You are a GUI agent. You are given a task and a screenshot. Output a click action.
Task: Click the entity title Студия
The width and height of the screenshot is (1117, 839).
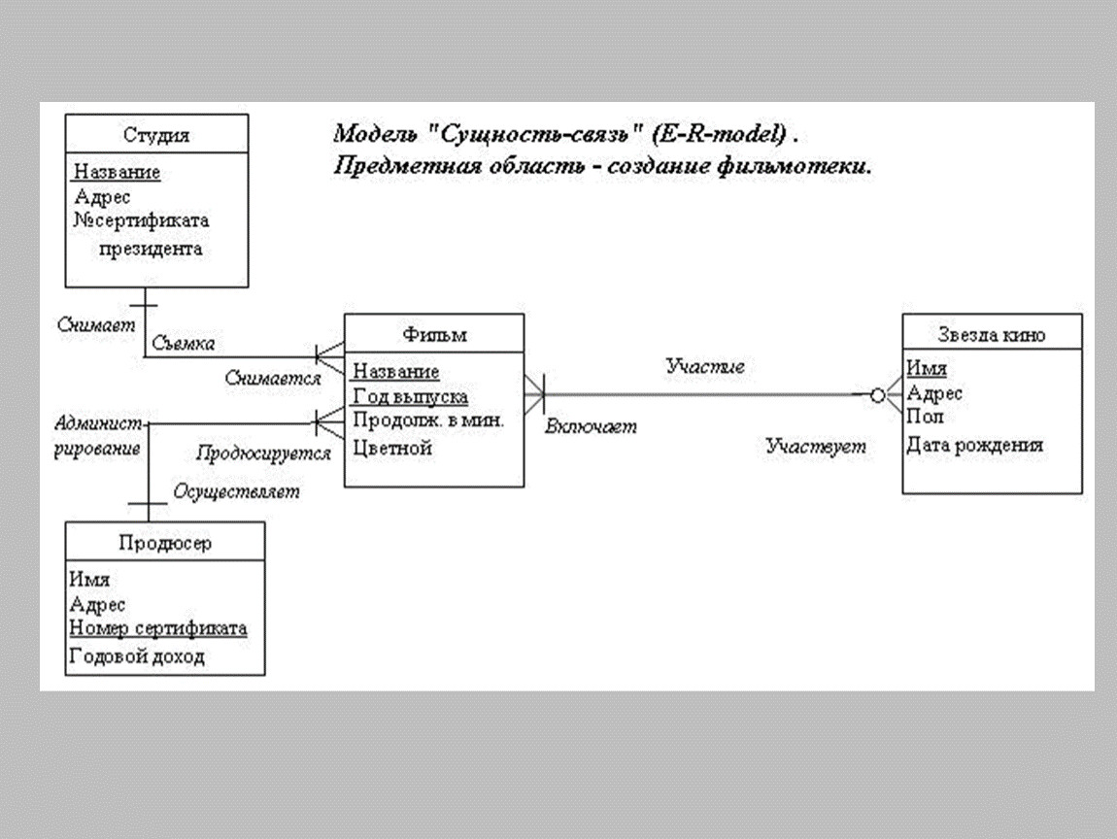156,135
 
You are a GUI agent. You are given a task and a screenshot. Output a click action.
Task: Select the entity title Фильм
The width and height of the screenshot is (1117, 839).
434,335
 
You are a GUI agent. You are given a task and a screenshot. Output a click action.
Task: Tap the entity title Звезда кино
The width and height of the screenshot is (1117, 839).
992,335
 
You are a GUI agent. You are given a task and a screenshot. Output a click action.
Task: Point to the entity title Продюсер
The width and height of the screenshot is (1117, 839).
165,543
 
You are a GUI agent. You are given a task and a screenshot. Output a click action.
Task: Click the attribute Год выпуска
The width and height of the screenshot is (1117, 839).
410,396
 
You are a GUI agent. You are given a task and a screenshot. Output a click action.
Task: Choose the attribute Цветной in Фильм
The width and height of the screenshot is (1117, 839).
391,448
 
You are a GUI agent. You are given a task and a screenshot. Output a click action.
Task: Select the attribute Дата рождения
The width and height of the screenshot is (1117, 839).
975,445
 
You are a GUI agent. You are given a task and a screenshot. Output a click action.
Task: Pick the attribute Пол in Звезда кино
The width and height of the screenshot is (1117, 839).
924,417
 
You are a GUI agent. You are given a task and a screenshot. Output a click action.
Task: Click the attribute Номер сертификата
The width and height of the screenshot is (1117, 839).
157,628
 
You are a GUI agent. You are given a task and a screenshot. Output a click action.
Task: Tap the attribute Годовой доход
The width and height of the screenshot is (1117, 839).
137,656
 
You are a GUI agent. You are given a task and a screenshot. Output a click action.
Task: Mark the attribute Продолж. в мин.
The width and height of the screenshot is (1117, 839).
428,420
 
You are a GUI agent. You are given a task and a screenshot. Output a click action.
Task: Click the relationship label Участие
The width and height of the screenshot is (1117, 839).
705,366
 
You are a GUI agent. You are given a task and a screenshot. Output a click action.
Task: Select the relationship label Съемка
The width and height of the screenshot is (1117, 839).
183,343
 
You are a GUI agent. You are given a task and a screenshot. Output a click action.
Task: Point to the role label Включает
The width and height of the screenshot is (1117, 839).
591,426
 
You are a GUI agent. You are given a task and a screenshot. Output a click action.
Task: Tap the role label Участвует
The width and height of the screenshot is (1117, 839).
816,448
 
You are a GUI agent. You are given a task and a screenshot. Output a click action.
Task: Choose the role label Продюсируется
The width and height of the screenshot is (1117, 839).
263,453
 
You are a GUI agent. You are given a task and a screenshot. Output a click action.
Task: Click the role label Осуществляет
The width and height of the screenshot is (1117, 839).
236,491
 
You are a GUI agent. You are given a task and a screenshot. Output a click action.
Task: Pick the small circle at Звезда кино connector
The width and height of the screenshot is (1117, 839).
877,395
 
